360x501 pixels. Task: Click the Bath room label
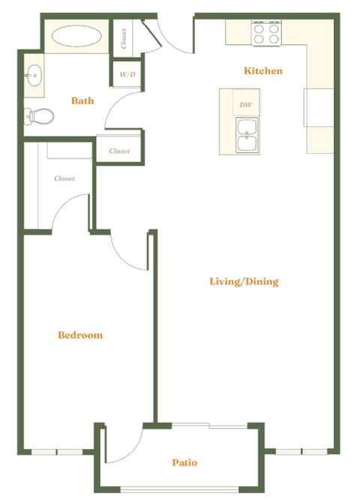point(82,100)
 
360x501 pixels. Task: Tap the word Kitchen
point(263,71)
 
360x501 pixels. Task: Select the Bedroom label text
point(80,335)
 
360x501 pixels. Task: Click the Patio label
point(184,463)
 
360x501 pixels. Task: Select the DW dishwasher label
point(245,105)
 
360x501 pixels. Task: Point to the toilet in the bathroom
point(39,115)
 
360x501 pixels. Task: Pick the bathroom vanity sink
point(34,74)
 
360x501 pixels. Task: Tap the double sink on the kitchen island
point(247,136)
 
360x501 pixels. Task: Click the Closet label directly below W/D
point(119,151)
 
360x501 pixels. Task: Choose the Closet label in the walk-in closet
point(64,178)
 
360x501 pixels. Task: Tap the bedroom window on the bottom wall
point(57,452)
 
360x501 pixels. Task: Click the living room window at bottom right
point(301,452)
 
